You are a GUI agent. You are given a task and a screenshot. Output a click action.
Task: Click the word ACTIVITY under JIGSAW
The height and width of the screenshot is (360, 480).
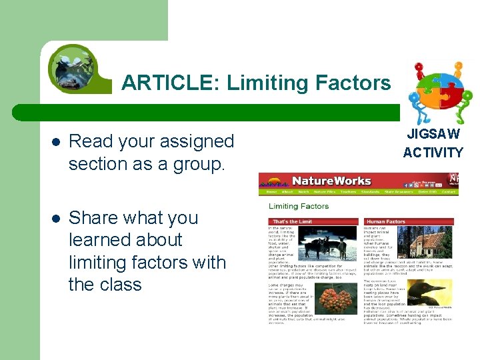433,153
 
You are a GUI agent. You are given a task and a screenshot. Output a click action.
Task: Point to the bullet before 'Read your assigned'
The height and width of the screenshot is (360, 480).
55,142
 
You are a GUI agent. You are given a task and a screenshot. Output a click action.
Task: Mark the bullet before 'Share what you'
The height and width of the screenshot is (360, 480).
55,219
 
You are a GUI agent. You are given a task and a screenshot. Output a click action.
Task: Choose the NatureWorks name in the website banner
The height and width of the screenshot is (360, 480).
331,181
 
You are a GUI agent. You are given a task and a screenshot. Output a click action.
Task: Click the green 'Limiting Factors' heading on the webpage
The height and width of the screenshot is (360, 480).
298,206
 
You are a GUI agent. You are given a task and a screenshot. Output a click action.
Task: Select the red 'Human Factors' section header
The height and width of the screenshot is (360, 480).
386,221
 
